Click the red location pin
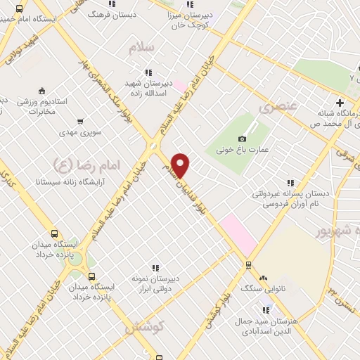click(x=181, y=166)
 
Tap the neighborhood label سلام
click(x=141, y=49)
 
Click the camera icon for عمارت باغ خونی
click(x=243, y=139)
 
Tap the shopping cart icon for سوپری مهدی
click(x=80, y=121)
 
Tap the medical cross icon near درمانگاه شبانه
click(x=340, y=102)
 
